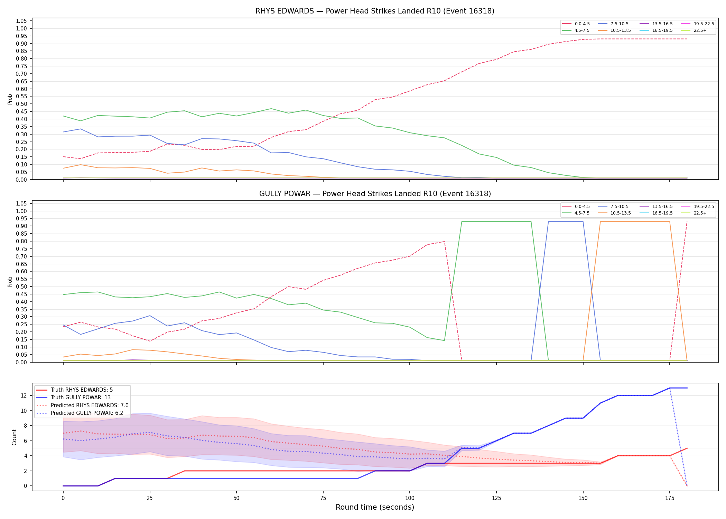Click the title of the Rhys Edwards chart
point(375,11)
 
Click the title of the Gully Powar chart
point(375,194)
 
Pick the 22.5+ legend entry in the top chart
point(694,30)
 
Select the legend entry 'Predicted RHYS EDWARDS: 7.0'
point(82,405)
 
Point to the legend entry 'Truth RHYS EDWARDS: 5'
point(75,390)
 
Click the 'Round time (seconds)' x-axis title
point(375,507)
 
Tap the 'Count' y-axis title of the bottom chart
point(14,437)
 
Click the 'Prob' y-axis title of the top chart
point(10,99)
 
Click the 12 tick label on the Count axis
point(24,395)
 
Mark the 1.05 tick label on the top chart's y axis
point(21,21)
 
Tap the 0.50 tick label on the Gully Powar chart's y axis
point(21,286)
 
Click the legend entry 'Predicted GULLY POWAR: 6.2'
point(80,413)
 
